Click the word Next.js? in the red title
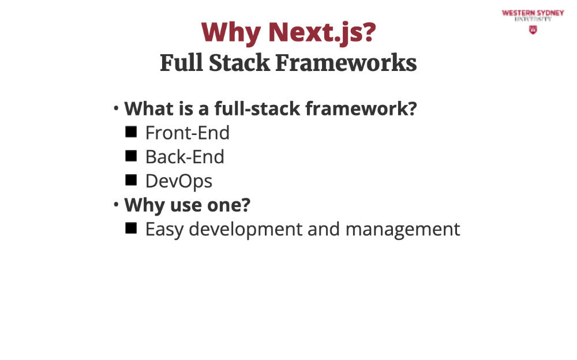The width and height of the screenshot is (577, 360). click(323, 33)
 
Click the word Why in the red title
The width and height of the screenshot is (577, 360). click(231, 33)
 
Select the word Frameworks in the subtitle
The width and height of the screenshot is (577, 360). click(346, 62)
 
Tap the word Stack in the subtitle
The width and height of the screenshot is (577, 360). click(239, 62)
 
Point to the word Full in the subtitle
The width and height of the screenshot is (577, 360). click(182, 62)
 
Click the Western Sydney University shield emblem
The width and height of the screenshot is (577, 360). click(533, 30)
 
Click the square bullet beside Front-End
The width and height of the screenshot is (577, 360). click(131, 132)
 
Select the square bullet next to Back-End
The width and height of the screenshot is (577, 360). click(131, 156)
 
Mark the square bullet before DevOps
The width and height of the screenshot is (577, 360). click(131, 180)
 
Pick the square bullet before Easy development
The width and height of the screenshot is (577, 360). click(131, 228)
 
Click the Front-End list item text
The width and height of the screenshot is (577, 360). click(188, 133)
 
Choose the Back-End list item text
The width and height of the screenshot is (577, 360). click(185, 157)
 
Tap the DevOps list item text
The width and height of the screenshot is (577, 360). click(179, 181)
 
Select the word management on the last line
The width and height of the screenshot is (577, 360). click(403, 230)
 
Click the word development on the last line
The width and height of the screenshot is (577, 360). click(246, 230)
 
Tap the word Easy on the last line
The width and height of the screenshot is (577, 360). click(164, 230)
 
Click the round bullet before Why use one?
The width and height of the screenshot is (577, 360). click(116, 204)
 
